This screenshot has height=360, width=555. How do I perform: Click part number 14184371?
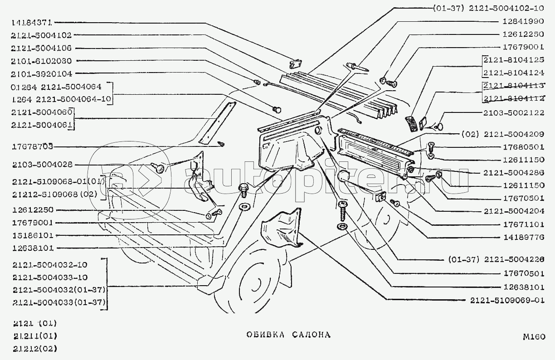click(30, 22)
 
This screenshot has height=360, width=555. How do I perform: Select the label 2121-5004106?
click(41, 48)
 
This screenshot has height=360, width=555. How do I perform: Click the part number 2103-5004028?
click(41, 165)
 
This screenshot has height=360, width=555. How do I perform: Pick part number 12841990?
click(523, 21)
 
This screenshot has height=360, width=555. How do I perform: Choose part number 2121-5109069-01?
click(507, 300)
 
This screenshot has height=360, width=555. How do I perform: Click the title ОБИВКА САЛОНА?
click(288, 335)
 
